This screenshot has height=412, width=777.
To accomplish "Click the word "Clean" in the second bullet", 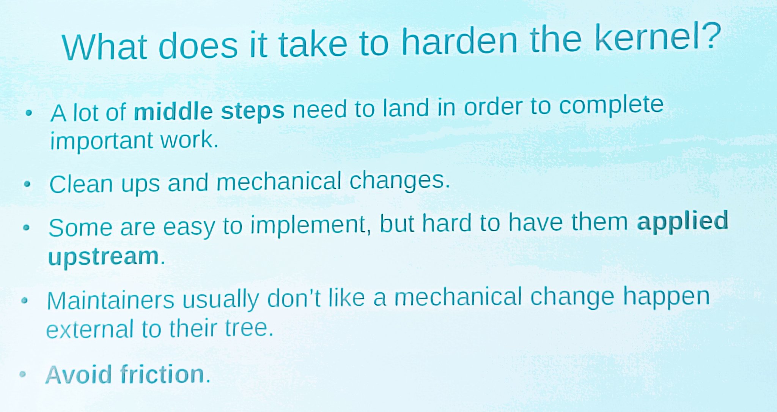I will pyautogui.click(x=81, y=185).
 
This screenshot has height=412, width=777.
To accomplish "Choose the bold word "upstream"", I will pyautogui.click(x=103, y=257).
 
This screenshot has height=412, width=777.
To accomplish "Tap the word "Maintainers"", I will pyautogui.click(x=110, y=301).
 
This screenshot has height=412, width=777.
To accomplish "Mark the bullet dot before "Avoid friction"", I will pyautogui.click(x=23, y=374).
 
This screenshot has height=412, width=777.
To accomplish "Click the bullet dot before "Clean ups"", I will pyautogui.click(x=27, y=184).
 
